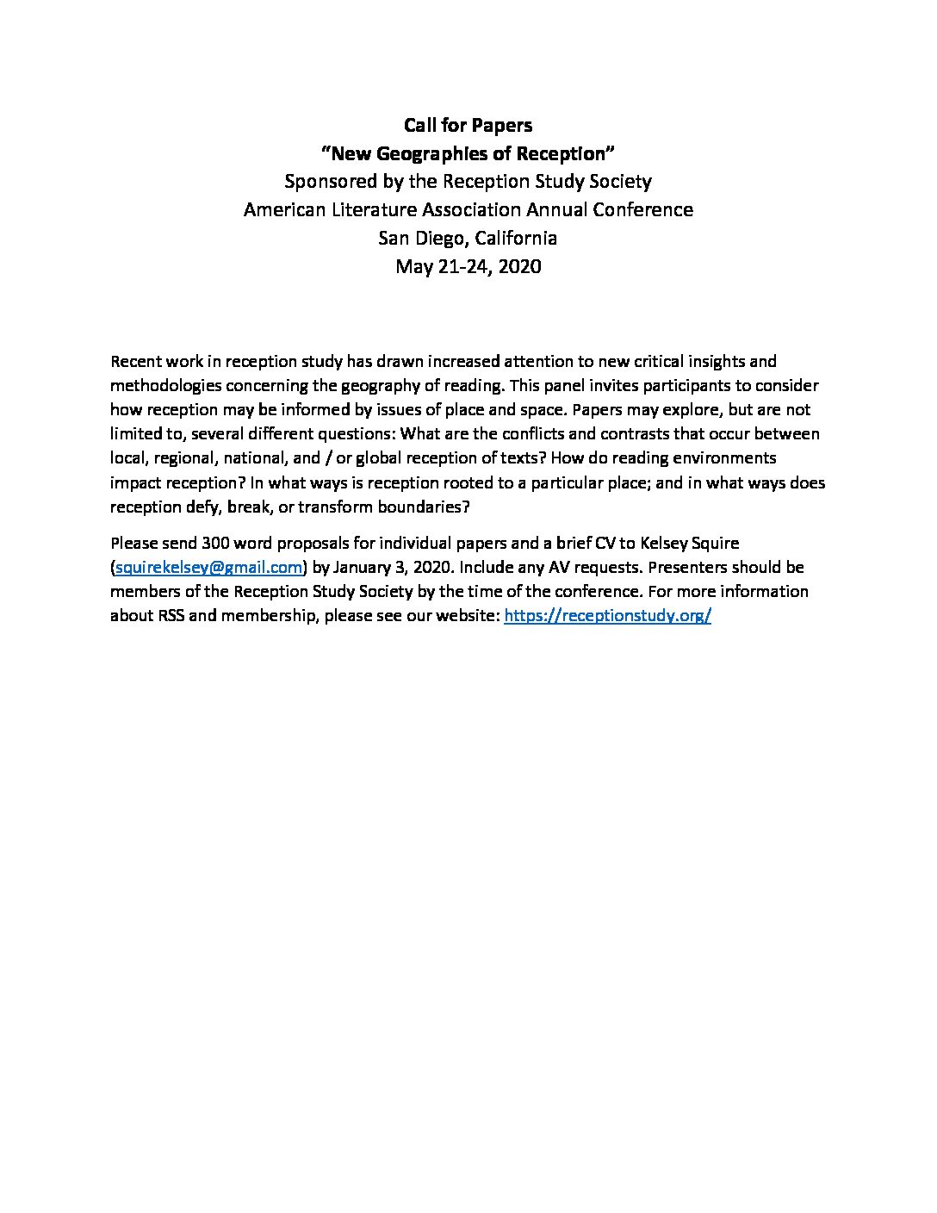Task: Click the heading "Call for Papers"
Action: pyautogui.click(x=468, y=126)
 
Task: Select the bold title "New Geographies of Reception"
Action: pyautogui.click(x=468, y=154)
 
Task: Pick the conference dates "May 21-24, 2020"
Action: pyautogui.click(x=468, y=267)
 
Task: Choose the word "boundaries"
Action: pyautogui.click(x=424, y=507)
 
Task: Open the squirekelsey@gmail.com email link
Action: pyautogui.click(x=209, y=568)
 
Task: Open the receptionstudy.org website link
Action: pyautogui.click(x=607, y=617)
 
